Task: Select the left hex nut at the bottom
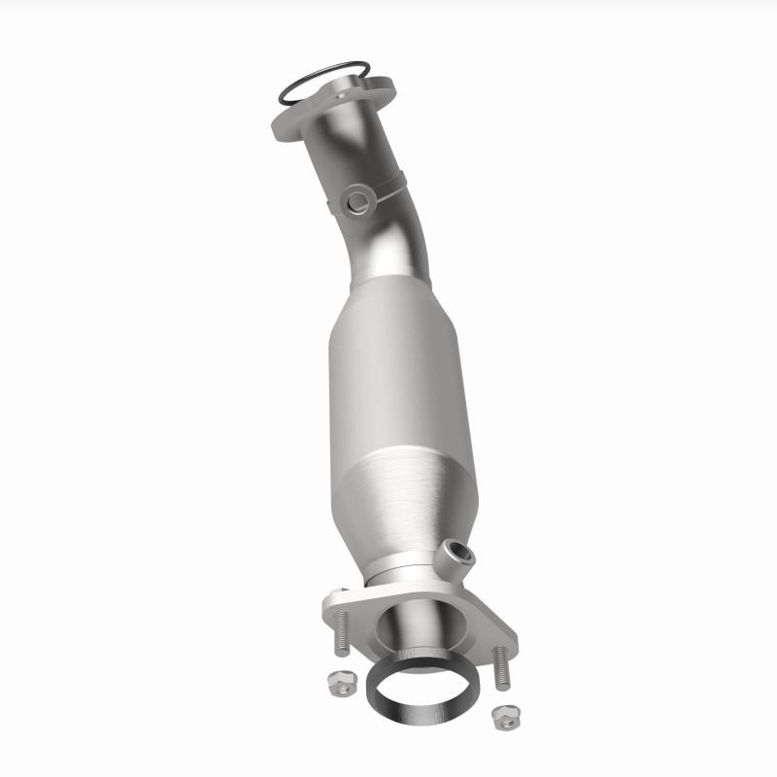(x=340, y=680)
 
